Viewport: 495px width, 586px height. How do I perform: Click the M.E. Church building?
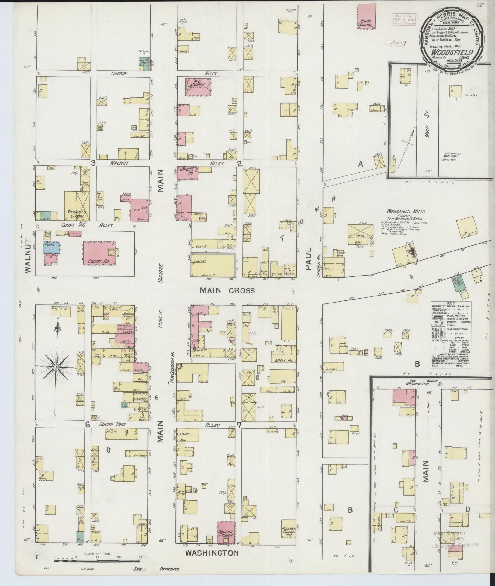198,87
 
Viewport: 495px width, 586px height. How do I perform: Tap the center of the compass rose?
56,367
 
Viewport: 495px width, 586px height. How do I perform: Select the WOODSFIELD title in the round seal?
450,52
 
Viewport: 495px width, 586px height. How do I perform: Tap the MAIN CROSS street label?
227,290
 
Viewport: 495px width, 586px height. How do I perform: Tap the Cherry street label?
119,74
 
